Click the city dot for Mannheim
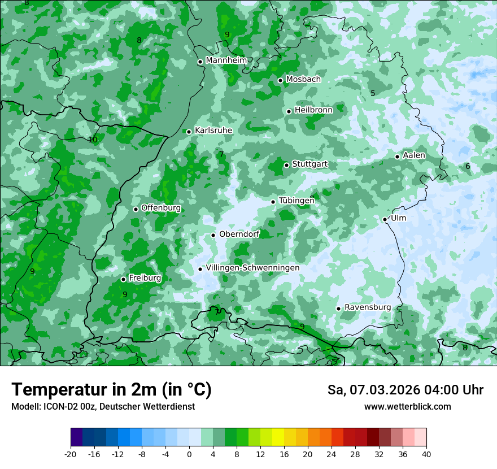[200, 62]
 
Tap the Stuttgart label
[309, 164]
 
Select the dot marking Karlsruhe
[189, 132]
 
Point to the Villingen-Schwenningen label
[252, 268]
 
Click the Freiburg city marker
[123, 280]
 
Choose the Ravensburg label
[367, 307]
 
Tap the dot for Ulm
[385, 219]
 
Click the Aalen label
[414, 155]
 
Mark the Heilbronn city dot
[289, 111]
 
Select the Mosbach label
[303, 80]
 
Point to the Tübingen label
[297, 201]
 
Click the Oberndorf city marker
[213, 235]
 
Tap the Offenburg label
[161, 208]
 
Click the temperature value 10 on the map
[93, 140]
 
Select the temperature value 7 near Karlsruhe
[221, 154]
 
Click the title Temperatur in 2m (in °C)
[111, 390]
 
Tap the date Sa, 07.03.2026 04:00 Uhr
[405, 390]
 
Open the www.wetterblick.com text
[407, 407]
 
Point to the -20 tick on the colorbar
[71, 454]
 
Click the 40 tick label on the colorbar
[426, 454]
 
